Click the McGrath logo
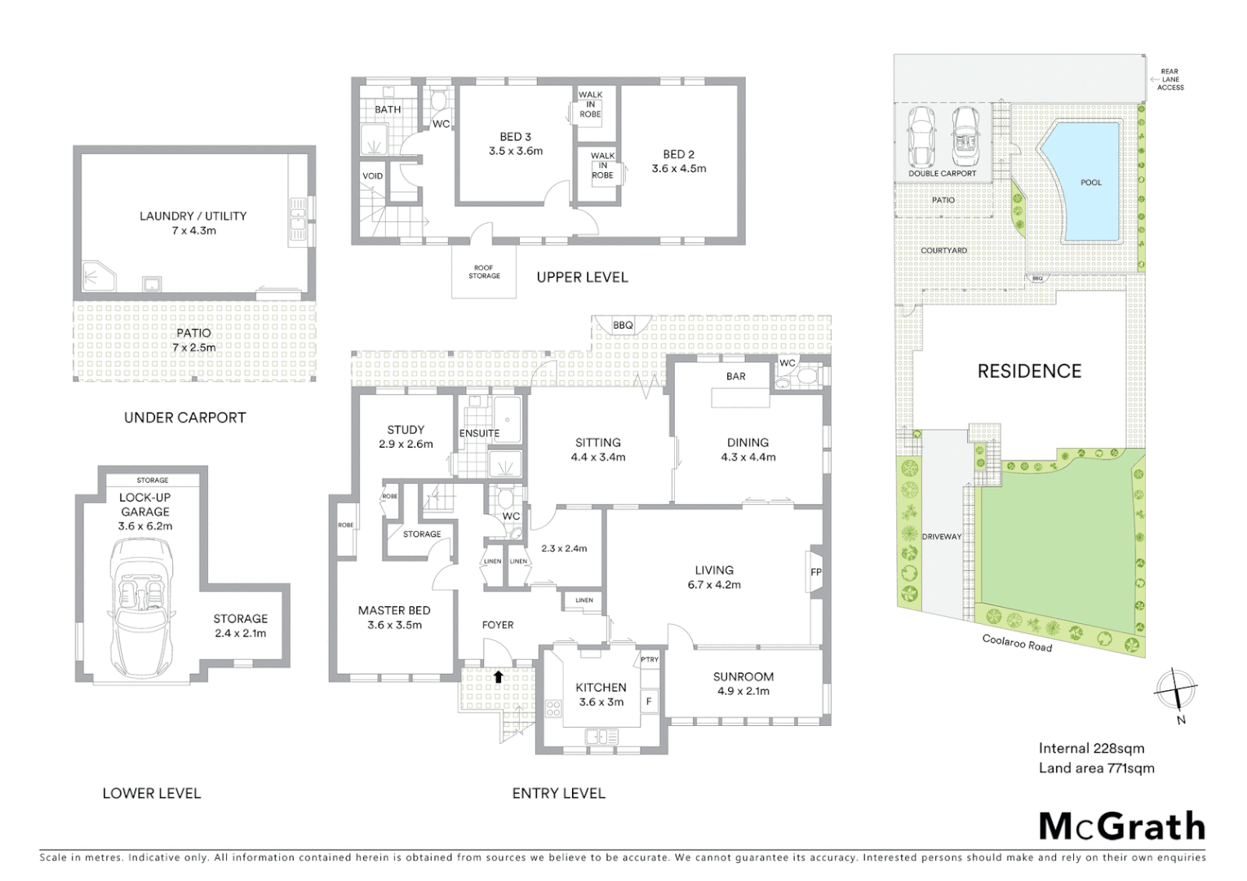pyautogui.click(x=1121, y=826)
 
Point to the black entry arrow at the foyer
pyautogui.click(x=498, y=676)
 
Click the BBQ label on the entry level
pyautogui.click(x=623, y=325)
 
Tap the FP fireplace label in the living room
pyautogui.click(x=815, y=573)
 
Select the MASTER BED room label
pyautogui.click(x=394, y=610)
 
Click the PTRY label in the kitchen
pyautogui.click(x=650, y=660)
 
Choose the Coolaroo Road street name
pyautogui.click(x=1017, y=643)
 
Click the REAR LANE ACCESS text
pyautogui.click(x=1169, y=79)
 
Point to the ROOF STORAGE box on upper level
pyautogui.click(x=484, y=272)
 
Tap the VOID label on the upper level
pyautogui.click(x=372, y=176)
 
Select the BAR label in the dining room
pyautogui.click(x=735, y=377)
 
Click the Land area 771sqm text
pyautogui.click(x=1096, y=768)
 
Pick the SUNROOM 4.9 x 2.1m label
pyautogui.click(x=743, y=684)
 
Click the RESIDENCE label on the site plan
pyautogui.click(x=1029, y=371)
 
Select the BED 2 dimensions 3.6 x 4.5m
pyautogui.click(x=679, y=169)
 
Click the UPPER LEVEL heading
pyautogui.click(x=582, y=277)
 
